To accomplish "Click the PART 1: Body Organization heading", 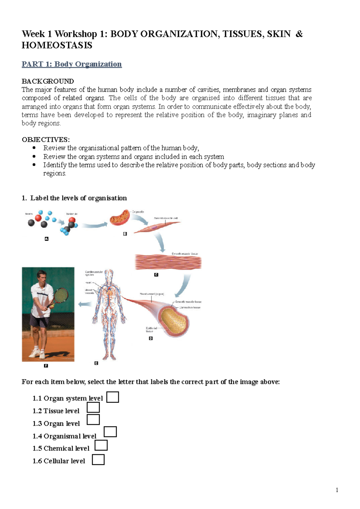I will (71, 64).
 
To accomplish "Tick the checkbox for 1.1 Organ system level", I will (113, 397).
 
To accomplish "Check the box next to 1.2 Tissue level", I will (93, 408).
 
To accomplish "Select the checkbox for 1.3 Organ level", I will (93, 419).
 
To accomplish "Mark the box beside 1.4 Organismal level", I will (110, 432).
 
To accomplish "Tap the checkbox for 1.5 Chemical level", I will (101, 445).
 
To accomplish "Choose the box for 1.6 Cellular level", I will (98, 460).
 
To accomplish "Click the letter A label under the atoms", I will (46, 239).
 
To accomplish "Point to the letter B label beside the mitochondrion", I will (125, 234).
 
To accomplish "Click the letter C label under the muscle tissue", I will (156, 275).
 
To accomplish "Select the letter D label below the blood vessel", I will (151, 338).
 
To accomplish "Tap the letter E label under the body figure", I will (96, 363).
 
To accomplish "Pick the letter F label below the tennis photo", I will (46, 366).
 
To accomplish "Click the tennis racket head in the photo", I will (61, 295).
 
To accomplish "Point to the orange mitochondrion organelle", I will (119, 218).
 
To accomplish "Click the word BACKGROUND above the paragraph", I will (48, 81).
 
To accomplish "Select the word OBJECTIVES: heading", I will (46, 140).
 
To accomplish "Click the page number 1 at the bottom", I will (337, 490).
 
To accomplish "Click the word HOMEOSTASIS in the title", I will (57, 46).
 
